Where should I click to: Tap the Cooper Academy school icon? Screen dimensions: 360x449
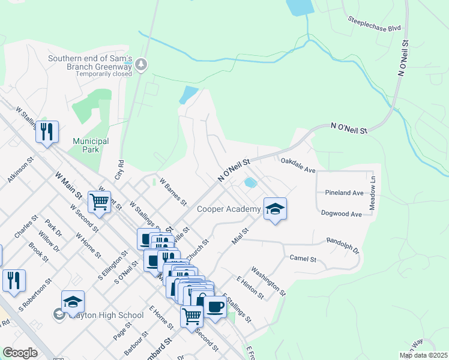(275, 209)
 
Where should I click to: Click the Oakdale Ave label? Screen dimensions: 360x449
(298, 165)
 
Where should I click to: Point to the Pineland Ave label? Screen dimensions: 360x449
(344, 193)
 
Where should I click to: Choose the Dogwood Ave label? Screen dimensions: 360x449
(341, 214)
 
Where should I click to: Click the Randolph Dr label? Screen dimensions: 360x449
(342, 245)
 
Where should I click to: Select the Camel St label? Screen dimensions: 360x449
(303, 259)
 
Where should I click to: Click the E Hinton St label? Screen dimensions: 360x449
(250, 288)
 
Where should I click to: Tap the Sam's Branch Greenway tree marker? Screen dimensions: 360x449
(141, 64)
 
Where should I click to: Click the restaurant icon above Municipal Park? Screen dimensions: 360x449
(47, 131)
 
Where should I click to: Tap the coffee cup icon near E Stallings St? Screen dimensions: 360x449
(215, 306)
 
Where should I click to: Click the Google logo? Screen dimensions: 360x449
(20, 353)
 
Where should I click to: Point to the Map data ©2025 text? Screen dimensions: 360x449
(423, 355)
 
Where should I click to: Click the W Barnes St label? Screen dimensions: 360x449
(173, 190)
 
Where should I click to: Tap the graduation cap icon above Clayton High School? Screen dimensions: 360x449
(73, 302)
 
